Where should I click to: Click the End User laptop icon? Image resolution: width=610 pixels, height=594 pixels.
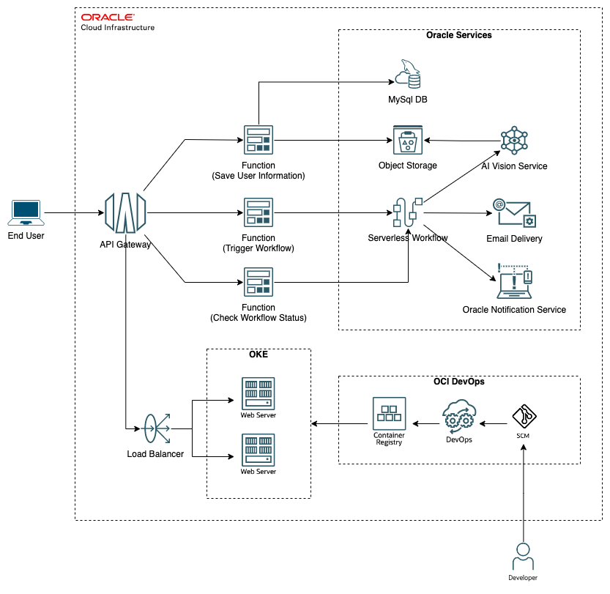click(x=25, y=212)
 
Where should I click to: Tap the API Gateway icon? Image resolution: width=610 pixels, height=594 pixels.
click(x=125, y=213)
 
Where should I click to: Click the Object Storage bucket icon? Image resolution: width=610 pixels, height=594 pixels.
click(x=404, y=141)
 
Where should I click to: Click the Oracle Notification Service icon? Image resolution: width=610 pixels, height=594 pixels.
click(x=514, y=282)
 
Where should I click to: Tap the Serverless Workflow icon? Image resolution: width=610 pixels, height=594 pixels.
click(x=407, y=213)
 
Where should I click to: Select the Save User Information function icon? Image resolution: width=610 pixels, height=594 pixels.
click(x=258, y=140)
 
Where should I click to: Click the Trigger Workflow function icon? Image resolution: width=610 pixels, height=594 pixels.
click(x=258, y=212)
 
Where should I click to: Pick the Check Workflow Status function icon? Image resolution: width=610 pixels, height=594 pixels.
click(x=258, y=282)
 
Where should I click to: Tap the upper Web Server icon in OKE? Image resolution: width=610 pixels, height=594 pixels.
click(x=258, y=393)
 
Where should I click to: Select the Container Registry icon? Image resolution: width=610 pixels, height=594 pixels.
click(x=389, y=414)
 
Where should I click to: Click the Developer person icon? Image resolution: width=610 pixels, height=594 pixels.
click(x=524, y=556)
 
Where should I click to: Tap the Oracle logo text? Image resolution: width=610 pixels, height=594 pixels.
click(x=107, y=17)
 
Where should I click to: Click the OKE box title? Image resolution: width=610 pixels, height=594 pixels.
click(x=258, y=354)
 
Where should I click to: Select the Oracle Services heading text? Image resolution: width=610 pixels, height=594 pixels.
click(x=459, y=35)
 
